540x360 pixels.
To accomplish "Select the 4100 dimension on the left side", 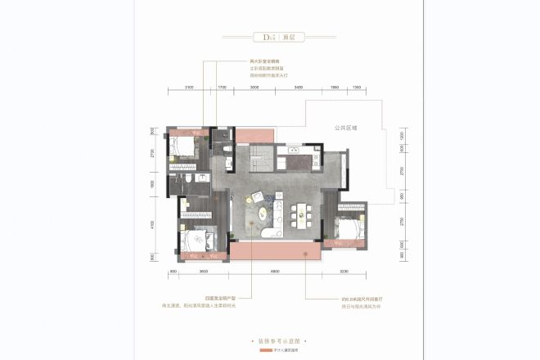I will click(152, 223).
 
